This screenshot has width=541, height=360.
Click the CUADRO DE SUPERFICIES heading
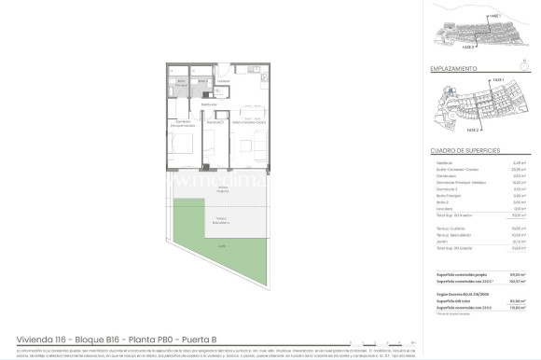[465, 149]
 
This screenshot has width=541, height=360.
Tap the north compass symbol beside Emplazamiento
[531, 69]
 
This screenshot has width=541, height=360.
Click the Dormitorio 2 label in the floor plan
[215, 122]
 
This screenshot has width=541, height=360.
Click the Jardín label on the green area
[221, 245]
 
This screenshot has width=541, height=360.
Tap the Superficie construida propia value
[520, 274]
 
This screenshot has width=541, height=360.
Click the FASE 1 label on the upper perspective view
[493, 15]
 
